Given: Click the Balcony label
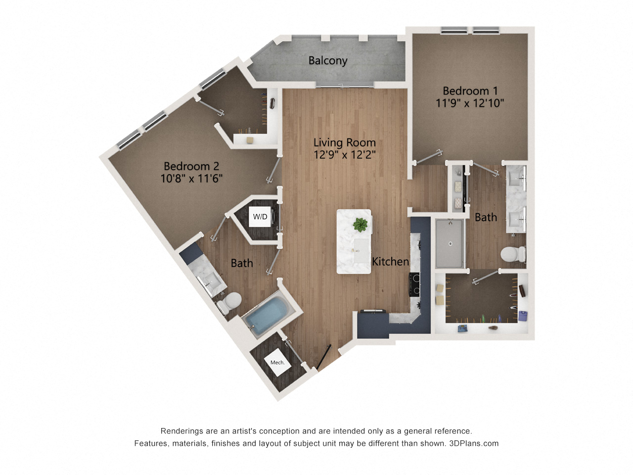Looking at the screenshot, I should point(328,60).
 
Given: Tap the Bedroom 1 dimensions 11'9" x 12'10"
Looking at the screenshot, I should point(470,103).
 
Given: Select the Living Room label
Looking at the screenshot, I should point(345,142).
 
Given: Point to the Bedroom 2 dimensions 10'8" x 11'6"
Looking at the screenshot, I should point(191,178).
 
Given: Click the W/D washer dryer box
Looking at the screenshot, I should point(260,217).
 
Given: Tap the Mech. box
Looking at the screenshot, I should point(277,363).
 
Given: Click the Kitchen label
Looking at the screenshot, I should point(390,261).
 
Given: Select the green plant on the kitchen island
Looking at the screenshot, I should point(361,225).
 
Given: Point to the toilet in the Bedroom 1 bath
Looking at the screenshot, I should point(513,255).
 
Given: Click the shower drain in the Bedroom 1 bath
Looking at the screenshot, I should point(450,243).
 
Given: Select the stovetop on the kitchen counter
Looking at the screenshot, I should point(414,285).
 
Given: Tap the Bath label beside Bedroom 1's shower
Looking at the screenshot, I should point(486,217).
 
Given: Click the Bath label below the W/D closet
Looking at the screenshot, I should point(242,263).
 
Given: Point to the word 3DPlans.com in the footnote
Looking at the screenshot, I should point(474,443).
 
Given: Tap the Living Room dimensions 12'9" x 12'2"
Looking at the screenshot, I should point(345,154).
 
